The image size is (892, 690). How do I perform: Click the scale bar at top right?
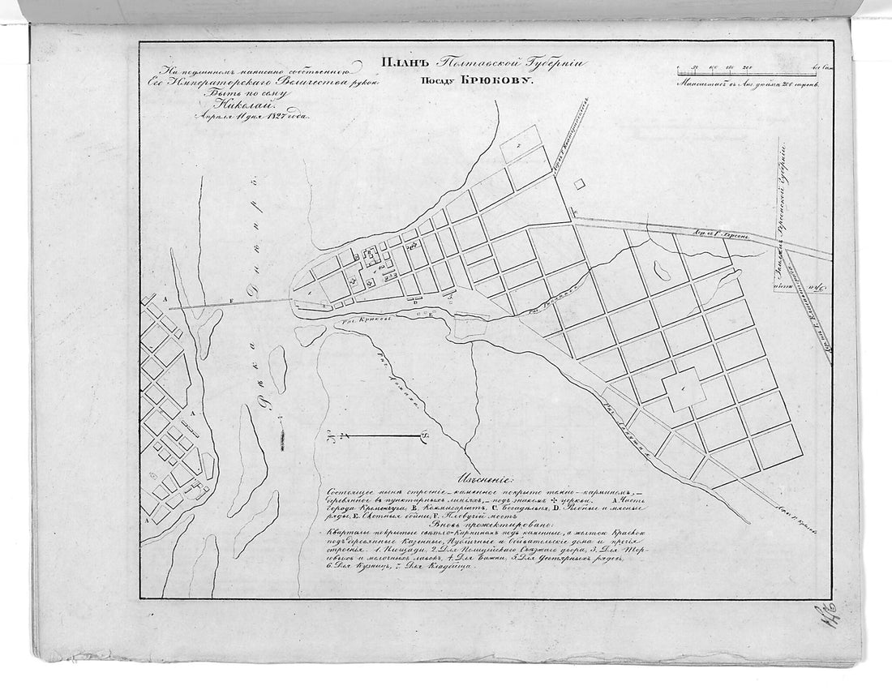(746, 73)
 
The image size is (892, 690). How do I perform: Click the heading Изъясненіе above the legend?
(485, 478)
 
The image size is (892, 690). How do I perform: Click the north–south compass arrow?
(377, 437)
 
